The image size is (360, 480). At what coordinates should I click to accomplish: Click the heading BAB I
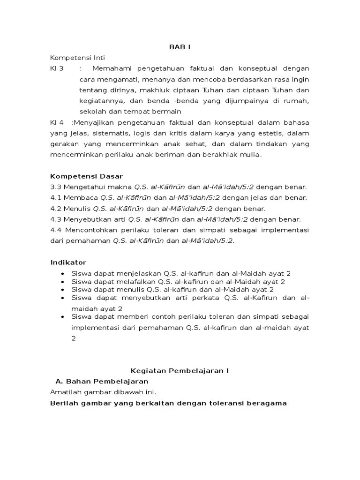180,47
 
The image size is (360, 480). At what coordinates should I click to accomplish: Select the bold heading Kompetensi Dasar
86,176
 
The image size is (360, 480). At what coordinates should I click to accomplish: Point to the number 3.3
55,187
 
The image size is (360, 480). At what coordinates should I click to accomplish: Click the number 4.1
55,198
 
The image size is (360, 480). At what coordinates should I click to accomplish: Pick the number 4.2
55,209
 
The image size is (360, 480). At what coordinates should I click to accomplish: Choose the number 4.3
55,219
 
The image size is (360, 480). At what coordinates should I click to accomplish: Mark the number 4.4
56,230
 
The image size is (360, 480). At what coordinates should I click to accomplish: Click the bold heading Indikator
68,262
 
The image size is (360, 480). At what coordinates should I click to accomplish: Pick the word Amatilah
65,392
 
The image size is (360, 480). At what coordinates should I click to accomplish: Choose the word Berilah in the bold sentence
64,403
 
